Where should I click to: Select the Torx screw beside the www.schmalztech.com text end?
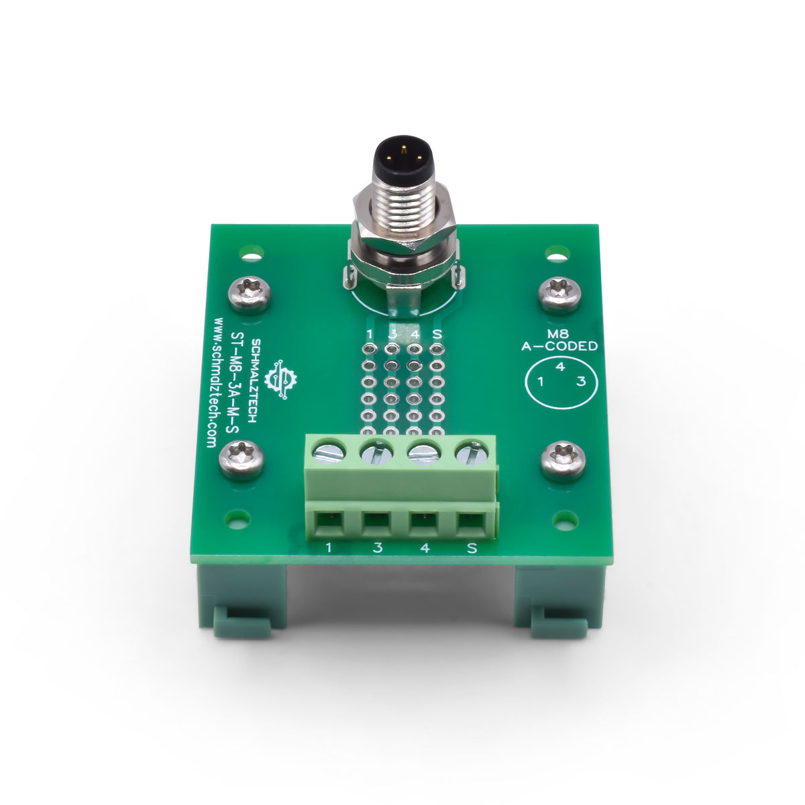click(241, 460)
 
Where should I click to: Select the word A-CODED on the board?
click(559, 347)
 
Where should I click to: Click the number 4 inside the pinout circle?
click(560, 367)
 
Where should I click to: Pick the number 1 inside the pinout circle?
click(539, 382)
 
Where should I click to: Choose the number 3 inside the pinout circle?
click(582, 382)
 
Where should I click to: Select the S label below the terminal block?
click(472, 548)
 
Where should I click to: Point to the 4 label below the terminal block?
click(424, 548)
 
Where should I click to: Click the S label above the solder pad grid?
click(437, 333)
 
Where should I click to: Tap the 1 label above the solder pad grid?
click(369, 333)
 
